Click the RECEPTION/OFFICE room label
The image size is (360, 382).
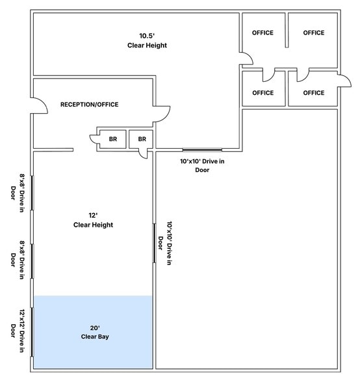click(90, 105)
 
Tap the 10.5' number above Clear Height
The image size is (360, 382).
click(147, 36)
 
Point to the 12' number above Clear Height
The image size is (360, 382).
click(93, 216)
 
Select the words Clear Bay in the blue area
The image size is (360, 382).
click(95, 337)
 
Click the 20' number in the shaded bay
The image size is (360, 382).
click(95, 328)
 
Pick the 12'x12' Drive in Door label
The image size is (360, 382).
click(18, 331)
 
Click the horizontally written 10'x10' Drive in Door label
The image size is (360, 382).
click(202, 166)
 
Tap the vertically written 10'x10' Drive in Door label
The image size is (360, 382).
click(165, 243)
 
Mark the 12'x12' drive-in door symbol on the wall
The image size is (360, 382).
click(32, 333)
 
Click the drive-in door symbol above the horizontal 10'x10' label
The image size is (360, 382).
click(202, 149)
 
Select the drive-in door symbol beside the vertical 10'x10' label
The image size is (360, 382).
click(154, 243)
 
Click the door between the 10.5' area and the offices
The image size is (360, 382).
click(247, 57)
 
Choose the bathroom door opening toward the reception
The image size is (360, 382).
click(94, 139)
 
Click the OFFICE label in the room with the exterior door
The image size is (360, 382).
click(314, 93)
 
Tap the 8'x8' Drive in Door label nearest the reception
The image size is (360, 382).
click(18, 193)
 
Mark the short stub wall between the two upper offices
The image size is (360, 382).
click(287, 30)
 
